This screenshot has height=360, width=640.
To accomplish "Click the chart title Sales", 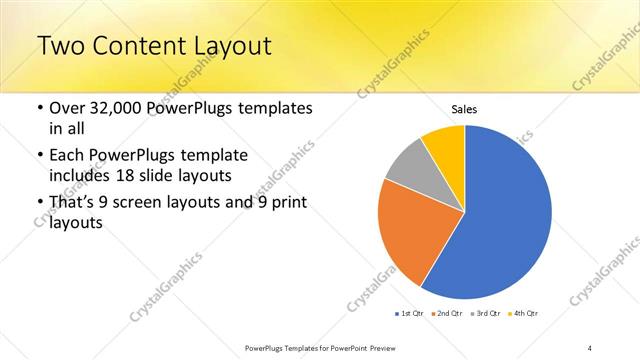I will pyautogui.click(x=465, y=108).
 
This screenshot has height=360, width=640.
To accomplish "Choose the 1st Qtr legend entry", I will pyautogui.click(x=410, y=313).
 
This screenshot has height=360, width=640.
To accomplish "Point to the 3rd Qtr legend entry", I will pyautogui.click(x=487, y=313).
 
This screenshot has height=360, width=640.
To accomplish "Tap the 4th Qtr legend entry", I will pyautogui.click(x=525, y=313).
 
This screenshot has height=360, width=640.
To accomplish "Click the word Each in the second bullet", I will pyautogui.click(x=69, y=156).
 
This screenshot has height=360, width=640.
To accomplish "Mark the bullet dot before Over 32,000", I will pyautogui.click(x=38, y=108).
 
